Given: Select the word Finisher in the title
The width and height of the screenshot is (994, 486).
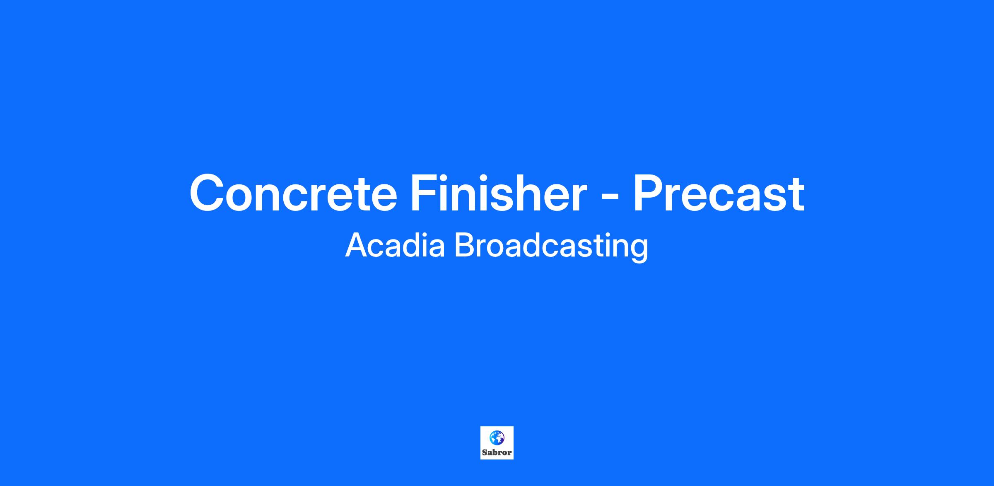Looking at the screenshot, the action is (x=499, y=193).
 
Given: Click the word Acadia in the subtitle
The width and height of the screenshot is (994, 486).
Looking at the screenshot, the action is (x=395, y=245).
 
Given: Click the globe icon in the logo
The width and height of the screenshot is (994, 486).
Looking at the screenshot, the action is (x=497, y=437).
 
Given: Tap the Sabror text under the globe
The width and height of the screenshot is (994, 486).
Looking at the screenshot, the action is (x=497, y=452).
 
